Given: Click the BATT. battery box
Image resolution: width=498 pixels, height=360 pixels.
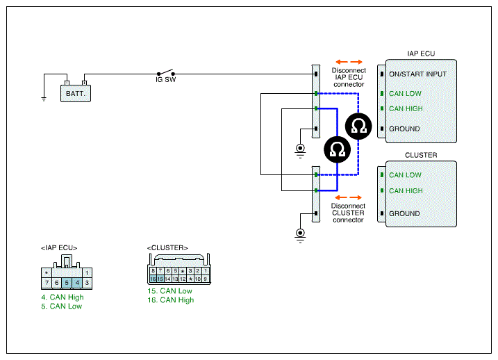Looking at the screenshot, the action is click(x=76, y=93).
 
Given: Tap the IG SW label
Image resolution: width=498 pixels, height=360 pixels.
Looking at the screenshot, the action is click(x=165, y=80).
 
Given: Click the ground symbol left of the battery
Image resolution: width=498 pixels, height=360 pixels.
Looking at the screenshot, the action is click(x=44, y=99).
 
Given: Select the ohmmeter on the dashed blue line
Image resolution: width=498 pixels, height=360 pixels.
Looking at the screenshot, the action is click(x=358, y=126).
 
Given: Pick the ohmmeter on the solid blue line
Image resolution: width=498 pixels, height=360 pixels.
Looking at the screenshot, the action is click(x=338, y=149).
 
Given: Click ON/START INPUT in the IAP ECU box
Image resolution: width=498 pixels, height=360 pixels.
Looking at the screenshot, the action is click(x=417, y=74).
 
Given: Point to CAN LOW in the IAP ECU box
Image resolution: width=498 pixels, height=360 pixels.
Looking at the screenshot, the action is click(x=405, y=93).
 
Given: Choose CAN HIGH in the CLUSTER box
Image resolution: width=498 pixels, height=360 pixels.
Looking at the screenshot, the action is click(x=406, y=190).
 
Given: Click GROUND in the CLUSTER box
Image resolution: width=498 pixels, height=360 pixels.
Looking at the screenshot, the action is click(x=404, y=213).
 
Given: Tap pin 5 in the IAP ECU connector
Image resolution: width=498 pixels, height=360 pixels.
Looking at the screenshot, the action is click(x=67, y=282).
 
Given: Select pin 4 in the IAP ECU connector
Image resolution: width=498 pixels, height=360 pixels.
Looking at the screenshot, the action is click(x=77, y=282).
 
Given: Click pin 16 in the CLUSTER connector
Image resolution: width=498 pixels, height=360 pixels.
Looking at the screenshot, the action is click(x=153, y=279).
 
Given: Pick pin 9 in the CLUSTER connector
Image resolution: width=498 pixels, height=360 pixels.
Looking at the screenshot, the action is click(x=206, y=279).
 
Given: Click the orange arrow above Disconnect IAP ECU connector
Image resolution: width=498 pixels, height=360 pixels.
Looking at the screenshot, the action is click(x=349, y=62).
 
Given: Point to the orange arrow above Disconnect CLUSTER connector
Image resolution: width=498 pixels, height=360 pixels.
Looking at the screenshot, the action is click(x=348, y=197).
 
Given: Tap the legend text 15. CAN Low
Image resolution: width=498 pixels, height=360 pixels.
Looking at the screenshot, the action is click(x=169, y=291).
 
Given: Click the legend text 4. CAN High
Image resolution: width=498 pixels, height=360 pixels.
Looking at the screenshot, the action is click(x=63, y=297).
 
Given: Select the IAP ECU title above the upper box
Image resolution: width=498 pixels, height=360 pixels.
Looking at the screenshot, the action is click(x=421, y=54).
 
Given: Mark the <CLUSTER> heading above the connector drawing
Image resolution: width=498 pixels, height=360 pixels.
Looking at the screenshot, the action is click(x=167, y=248).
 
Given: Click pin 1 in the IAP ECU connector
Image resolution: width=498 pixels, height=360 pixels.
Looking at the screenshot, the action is click(x=87, y=272).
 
